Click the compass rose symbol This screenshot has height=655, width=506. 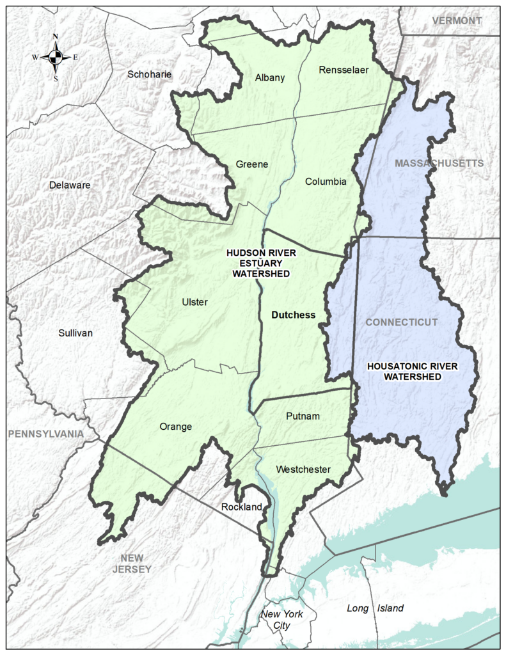pos(56,57)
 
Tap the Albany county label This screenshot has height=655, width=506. pos(269,78)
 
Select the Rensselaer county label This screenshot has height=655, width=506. pos(344,70)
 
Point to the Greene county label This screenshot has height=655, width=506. pos(251,164)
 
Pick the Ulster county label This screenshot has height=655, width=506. pos(194,302)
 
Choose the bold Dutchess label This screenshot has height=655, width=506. pos(294,315)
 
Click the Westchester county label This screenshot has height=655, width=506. pos(303,470)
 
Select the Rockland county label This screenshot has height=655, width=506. pos(242,507)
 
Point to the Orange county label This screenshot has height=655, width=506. pos(175,427)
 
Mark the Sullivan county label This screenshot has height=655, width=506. pos(75,333)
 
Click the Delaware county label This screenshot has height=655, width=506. pos(70,185)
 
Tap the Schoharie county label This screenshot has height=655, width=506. pos(149,74)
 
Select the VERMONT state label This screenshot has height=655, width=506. pos(457,21)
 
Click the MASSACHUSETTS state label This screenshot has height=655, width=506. pos(439,164)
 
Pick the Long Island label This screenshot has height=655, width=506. pos(375,608)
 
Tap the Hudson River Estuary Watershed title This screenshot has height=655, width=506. pos(261,263)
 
